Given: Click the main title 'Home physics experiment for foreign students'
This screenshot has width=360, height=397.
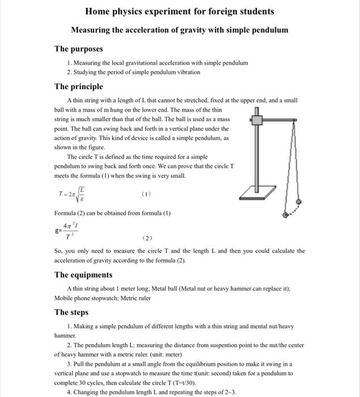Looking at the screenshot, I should click(179, 11).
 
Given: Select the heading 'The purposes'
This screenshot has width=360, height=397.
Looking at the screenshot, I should click(78, 49).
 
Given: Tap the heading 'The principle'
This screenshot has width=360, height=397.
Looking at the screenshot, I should click(78, 87).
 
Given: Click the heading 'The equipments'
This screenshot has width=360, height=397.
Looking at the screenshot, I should click(83, 274).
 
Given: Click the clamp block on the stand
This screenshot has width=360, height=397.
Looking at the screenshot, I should click(257, 120).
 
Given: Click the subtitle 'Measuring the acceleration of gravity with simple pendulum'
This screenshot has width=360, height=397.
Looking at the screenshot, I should click(179, 29).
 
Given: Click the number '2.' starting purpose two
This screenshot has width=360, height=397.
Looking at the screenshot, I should click(69, 73).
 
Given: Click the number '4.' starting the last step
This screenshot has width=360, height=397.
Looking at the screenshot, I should click(69, 392).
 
